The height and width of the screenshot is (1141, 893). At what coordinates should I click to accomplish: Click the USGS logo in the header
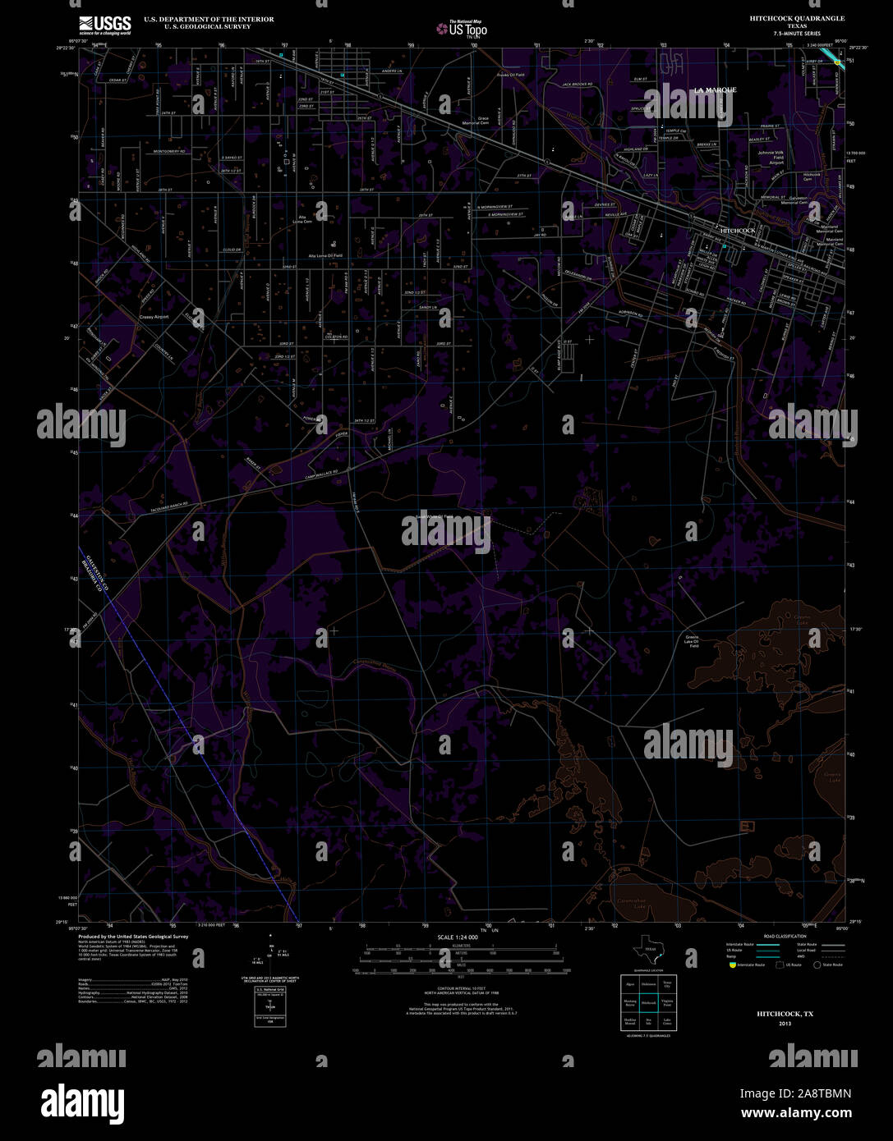[x=104, y=25]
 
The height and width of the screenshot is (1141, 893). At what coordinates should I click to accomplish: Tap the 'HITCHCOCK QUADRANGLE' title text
[x=785, y=18]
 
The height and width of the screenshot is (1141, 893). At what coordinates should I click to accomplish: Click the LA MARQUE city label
[x=715, y=89]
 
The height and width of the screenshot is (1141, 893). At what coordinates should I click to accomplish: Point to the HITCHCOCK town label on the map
[x=737, y=231]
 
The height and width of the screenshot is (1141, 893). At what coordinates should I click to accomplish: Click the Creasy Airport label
[x=154, y=317]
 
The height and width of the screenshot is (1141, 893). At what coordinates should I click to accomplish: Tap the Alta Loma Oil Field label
[x=325, y=256]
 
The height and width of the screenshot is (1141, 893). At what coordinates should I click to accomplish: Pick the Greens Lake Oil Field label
[x=693, y=641]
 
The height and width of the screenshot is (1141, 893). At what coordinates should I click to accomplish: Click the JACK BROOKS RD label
[x=578, y=85]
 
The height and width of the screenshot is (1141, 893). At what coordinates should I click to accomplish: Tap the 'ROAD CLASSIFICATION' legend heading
[x=785, y=936]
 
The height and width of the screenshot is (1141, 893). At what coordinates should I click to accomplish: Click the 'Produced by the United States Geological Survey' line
[x=134, y=936]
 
